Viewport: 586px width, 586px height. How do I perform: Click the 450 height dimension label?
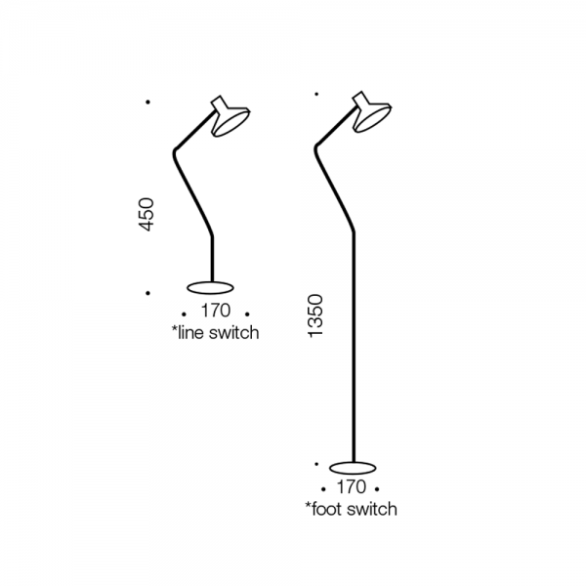point(146,215)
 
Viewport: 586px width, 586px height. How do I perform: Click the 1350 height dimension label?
point(315,315)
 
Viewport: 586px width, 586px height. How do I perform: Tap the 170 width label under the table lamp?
point(216,311)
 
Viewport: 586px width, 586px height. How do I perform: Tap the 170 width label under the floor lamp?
point(351,487)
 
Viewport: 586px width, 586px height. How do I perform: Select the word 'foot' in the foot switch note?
point(328,509)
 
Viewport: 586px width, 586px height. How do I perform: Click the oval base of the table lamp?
point(210,287)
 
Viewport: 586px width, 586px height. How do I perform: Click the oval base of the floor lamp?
point(353,467)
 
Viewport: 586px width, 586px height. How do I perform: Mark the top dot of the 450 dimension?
point(148,102)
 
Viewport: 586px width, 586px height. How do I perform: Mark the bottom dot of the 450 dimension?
point(148,293)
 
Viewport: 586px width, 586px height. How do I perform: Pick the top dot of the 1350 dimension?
point(316,94)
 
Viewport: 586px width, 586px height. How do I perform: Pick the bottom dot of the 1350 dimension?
point(316,464)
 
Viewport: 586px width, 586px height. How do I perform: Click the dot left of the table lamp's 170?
point(184,314)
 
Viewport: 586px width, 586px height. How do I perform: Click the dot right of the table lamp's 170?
point(247,314)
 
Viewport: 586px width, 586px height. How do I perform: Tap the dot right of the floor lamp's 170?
point(377,489)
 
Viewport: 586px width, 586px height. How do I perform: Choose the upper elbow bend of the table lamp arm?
point(175,150)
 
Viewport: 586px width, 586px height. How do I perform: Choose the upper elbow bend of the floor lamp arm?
point(316,147)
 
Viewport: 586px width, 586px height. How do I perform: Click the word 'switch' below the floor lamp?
point(373,509)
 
